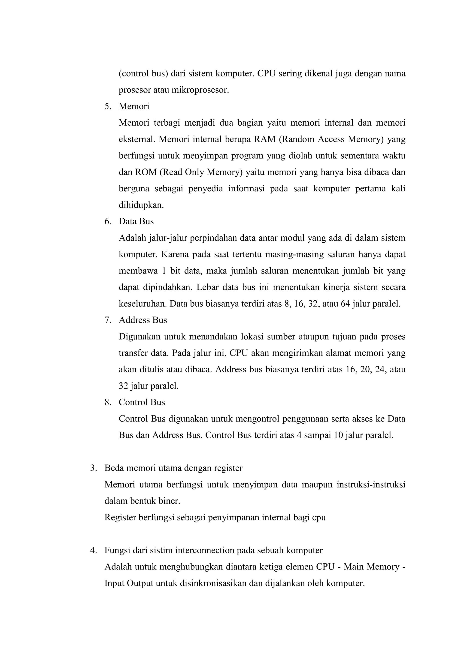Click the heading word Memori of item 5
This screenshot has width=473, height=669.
click(134, 107)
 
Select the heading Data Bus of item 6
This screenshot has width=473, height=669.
click(136, 222)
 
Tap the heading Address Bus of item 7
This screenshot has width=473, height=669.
click(143, 320)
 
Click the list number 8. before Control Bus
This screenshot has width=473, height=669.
click(108, 402)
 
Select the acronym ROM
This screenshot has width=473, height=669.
click(146, 172)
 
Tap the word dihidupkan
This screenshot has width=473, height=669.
click(141, 205)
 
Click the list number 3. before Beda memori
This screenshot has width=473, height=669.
click(93, 468)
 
